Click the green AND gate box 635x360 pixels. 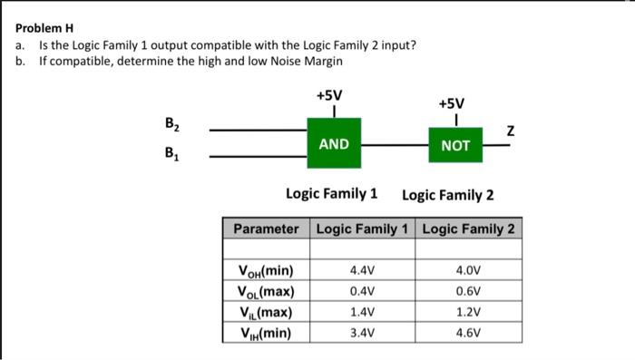334,143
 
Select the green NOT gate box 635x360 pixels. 455,145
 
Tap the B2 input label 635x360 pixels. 172,124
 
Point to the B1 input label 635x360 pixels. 172,153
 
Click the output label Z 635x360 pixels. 511,131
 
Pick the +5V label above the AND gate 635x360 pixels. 329,95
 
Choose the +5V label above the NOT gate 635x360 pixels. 452,103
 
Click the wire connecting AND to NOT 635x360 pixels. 395,144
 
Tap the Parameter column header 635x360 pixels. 266,229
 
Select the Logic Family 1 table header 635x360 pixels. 362,229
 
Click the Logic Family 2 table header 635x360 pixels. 469,229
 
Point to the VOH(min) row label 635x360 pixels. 266,270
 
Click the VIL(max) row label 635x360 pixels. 266,312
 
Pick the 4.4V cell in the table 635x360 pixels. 362,270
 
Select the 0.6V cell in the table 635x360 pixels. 468,291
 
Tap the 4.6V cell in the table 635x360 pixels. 468,333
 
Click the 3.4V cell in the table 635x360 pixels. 362,333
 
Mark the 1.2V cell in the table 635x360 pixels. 468,312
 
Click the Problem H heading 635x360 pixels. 44,28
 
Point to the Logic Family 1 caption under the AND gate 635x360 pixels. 332,193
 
